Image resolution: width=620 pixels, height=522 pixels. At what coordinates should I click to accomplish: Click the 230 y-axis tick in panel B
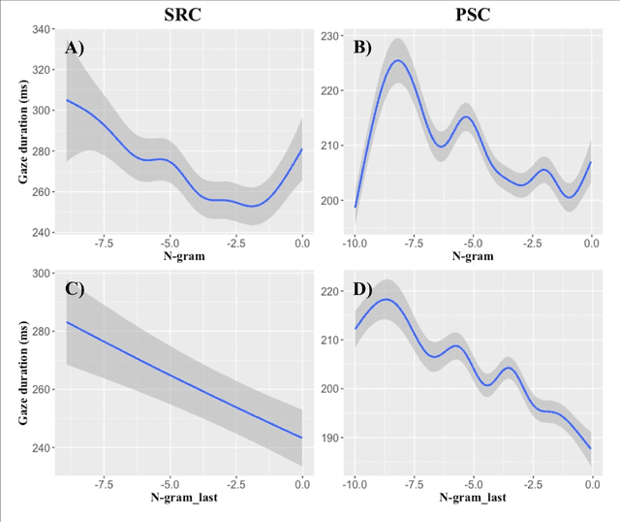(x=329, y=36)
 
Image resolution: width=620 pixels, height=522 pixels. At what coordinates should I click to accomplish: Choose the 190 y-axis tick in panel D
(x=329, y=438)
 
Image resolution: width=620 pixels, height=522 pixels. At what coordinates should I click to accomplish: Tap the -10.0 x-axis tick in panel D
(x=356, y=483)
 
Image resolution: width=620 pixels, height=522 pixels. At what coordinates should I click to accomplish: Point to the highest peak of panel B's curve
(x=398, y=60)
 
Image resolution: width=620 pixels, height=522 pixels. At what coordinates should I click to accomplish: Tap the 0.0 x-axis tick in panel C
(x=301, y=483)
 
